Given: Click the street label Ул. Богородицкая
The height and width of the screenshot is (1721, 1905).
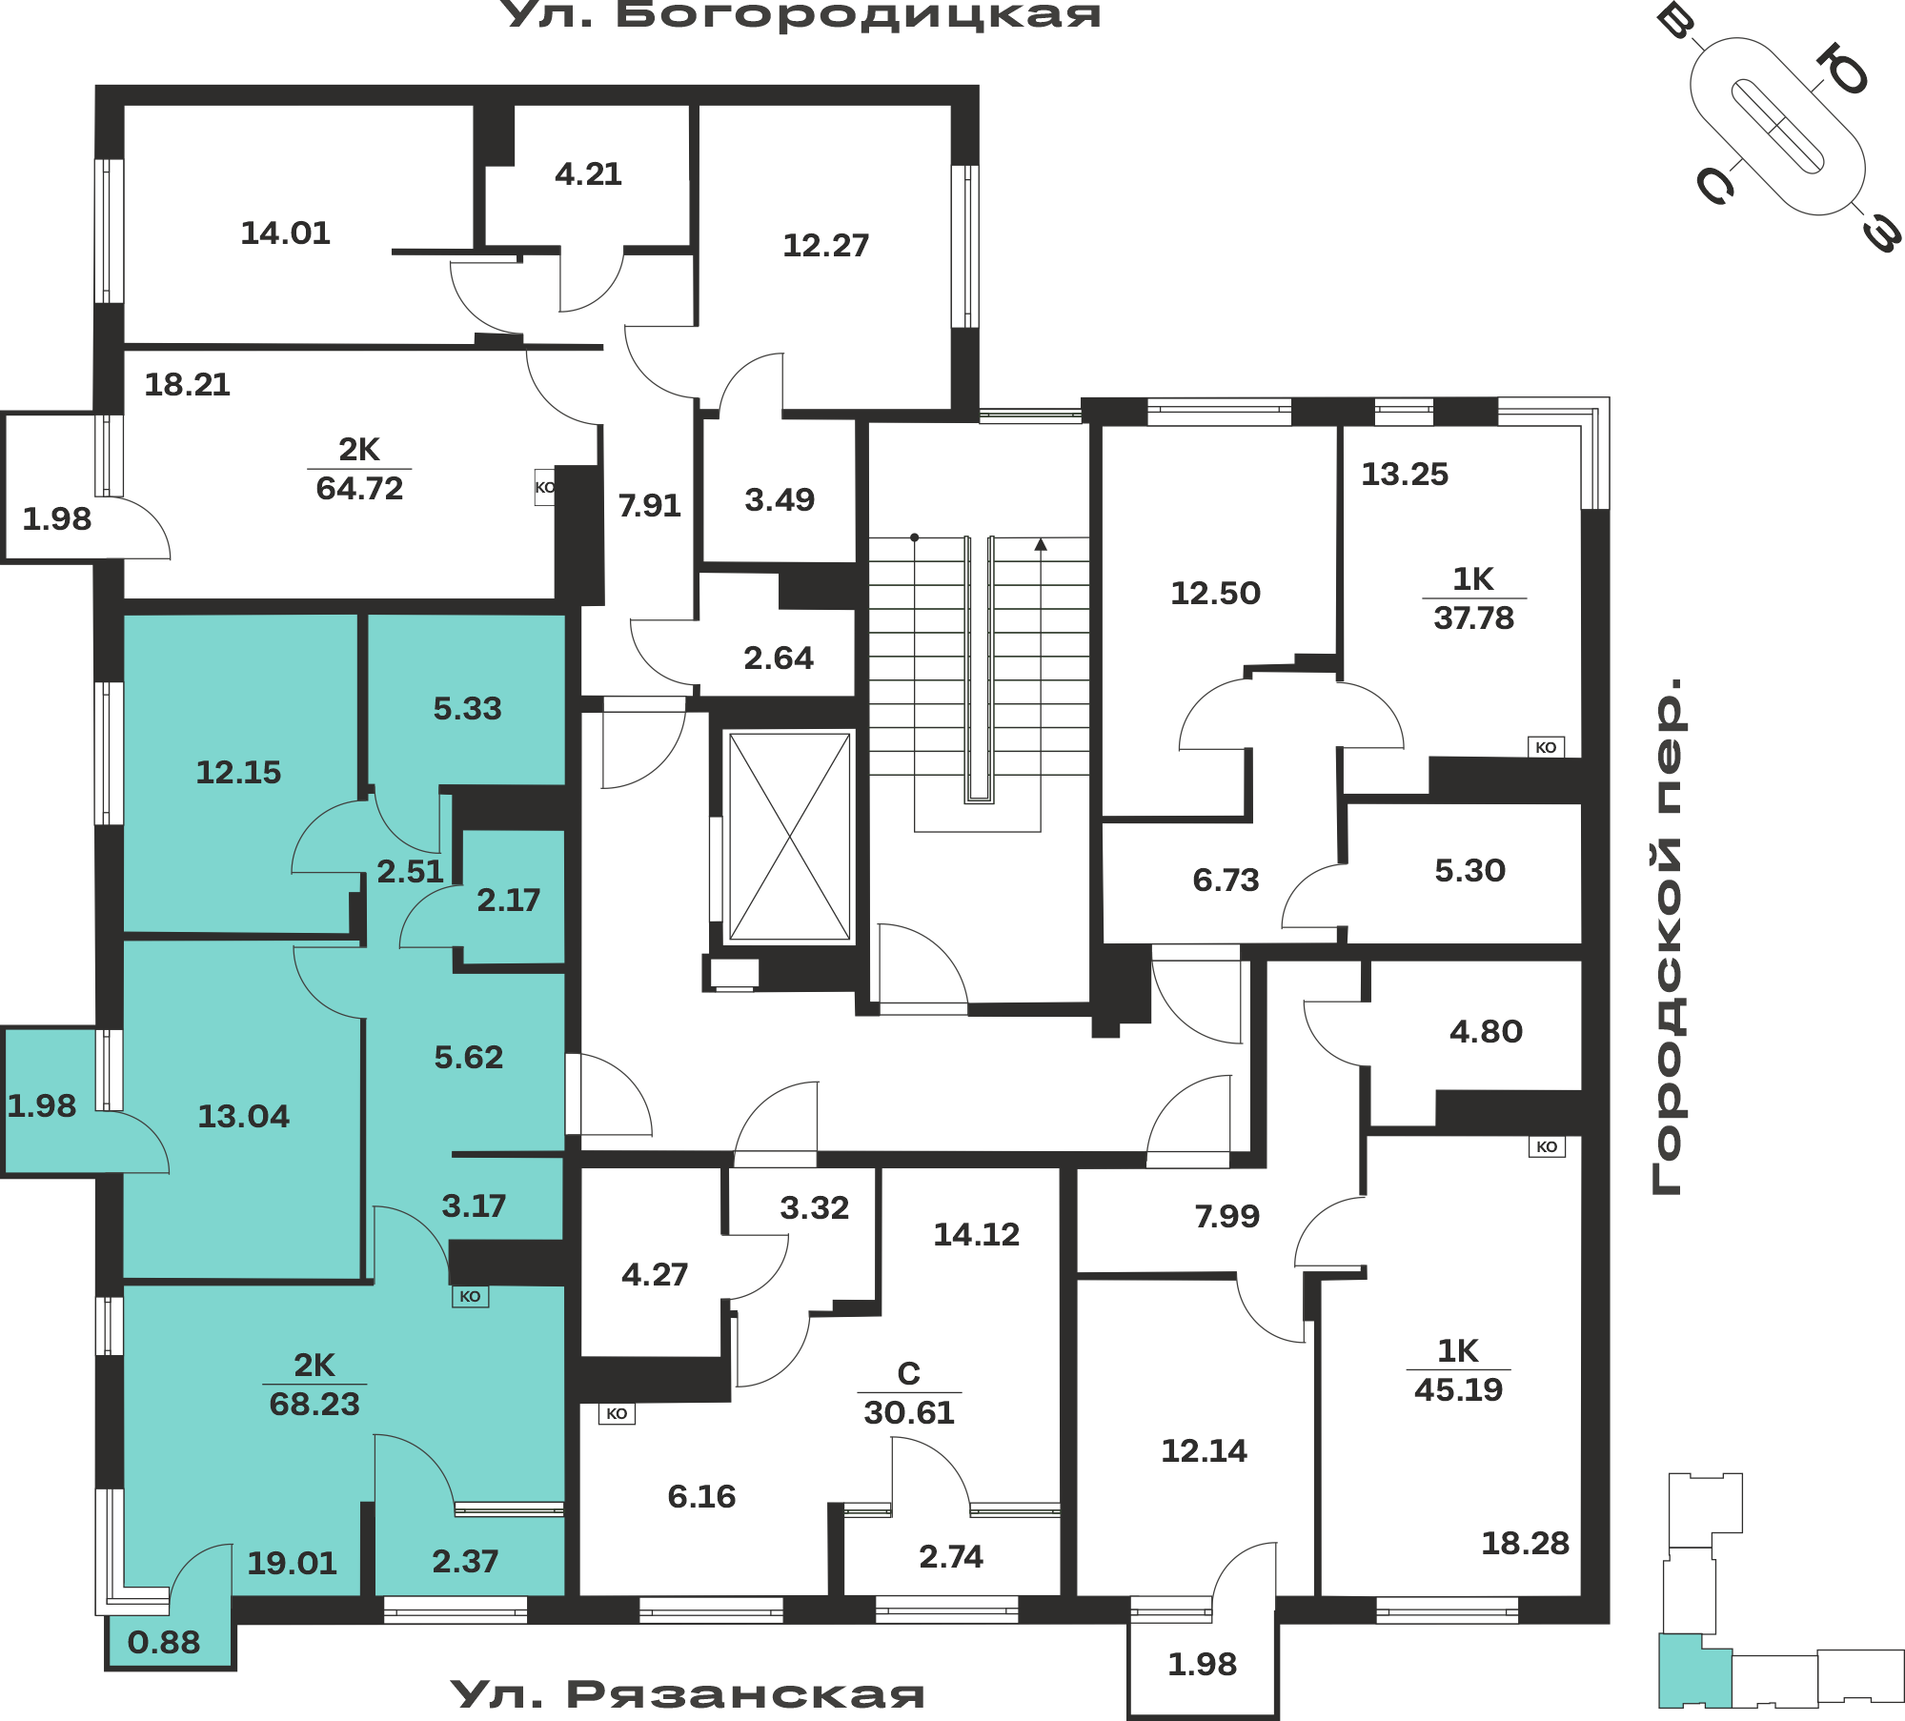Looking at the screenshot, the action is [801, 15].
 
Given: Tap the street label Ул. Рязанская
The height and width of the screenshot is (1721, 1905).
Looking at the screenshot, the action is [687, 1694].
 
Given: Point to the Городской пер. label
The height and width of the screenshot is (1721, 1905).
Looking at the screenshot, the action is [1667, 936].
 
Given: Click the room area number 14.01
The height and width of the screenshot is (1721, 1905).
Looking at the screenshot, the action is [285, 233].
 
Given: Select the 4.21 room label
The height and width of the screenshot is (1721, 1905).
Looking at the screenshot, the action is [588, 174].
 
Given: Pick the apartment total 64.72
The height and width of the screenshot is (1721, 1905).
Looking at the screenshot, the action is [359, 489].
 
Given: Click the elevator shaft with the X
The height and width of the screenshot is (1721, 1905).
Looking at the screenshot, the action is [789, 837].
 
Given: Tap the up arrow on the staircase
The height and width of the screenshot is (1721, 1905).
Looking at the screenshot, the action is [1041, 544].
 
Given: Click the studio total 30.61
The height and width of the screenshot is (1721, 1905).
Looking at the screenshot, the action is [909, 1412].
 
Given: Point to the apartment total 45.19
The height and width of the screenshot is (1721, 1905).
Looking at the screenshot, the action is [1458, 1389].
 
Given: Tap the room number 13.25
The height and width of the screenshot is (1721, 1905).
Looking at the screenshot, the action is [1405, 475].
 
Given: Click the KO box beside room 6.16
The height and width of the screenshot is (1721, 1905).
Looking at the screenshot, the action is [617, 1413].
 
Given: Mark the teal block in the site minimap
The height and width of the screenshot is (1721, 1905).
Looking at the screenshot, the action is [1693, 1670].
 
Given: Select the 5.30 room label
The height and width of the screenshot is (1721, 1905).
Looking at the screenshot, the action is [1469, 871].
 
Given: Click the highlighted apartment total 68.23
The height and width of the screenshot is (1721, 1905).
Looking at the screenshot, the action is [314, 1404].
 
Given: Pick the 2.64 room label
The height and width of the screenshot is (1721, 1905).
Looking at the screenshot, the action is [779, 658].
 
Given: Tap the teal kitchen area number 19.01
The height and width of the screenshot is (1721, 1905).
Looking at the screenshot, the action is [292, 1564].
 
